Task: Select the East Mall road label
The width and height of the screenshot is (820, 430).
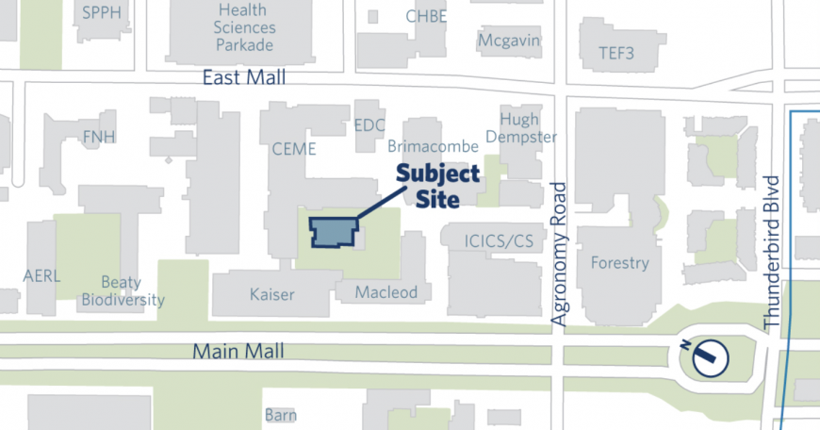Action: pos(244,78)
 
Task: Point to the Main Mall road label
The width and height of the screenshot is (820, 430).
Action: pos(238,352)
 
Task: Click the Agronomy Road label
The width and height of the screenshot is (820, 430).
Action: pos(559,255)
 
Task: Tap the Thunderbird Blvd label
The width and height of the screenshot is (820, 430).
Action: pos(774,252)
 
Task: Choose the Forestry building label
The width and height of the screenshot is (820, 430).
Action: pos(619,263)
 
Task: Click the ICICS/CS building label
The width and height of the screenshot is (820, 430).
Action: pos(499,242)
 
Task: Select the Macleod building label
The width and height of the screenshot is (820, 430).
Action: pos(385,292)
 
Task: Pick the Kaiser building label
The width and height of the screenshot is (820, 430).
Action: pos(271,294)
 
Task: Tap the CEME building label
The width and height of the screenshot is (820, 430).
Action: pos(293,149)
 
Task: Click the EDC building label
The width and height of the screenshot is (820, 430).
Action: pos(370,125)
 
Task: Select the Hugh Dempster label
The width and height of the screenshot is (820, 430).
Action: pos(519,128)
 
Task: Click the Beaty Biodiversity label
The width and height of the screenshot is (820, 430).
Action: pos(123,291)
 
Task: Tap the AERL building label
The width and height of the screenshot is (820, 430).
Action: pos(42,275)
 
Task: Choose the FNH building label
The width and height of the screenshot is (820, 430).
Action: pos(99,138)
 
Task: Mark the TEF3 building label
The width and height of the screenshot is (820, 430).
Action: pos(616,54)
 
